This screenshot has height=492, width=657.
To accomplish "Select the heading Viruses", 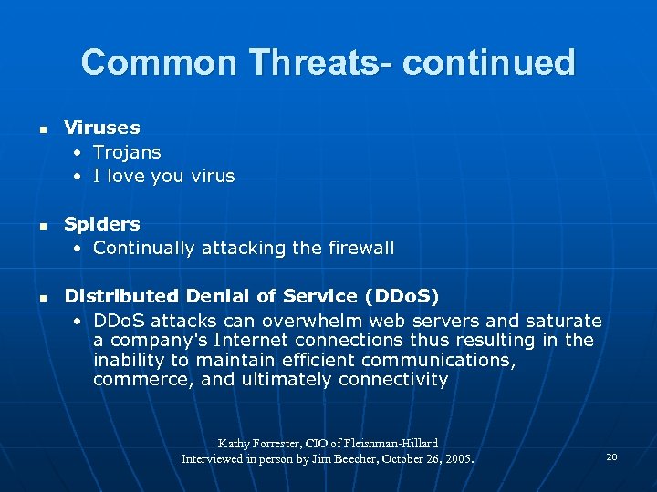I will pos(102,128).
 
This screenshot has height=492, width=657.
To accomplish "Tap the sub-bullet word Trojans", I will pos(127,152).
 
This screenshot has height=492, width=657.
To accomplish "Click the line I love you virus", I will pos(163,176).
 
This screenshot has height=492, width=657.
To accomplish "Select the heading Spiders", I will pos(102,223).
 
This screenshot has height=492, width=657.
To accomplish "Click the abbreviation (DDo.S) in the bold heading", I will pos(401,296).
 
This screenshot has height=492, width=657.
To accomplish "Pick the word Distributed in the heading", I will pos(122,296).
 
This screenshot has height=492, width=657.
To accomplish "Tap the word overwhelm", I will pos(298,321).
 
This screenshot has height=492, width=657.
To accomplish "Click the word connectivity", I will pos(392,379).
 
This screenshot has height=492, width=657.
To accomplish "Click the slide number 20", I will pos(611,456).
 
